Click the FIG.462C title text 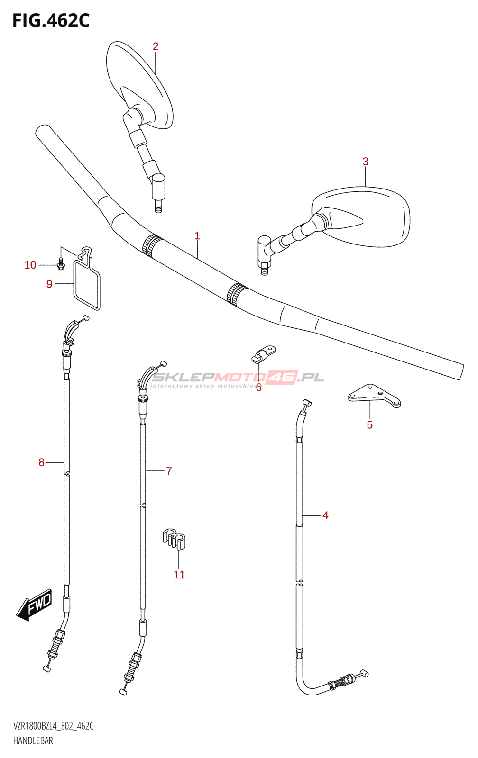coord(51,21)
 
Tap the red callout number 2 coord(156,46)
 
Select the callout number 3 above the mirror coord(365,162)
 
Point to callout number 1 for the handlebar coord(197,235)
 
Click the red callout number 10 coord(30,265)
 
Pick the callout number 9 coord(49,284)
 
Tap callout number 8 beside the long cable coord(41,462)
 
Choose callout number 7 coord(169,471)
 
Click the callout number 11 coord(179,575)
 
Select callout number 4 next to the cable coord(325,515)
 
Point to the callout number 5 coord(369,424)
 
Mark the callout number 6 coord(258,388)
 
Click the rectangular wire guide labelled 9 coord(87,284)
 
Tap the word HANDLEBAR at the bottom coord(33,740)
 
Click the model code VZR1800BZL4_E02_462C coord(53,726)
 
